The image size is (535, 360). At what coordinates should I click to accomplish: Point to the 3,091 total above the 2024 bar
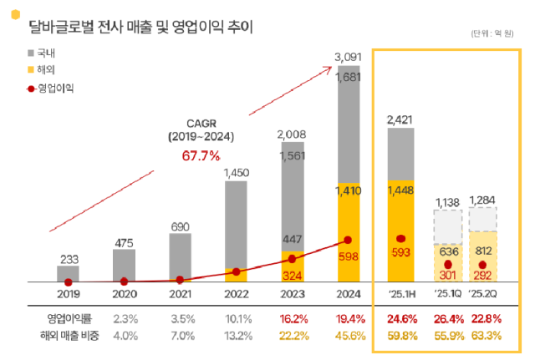click(x=349, y=57)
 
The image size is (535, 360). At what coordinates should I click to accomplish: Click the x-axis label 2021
click(x=181, y=295)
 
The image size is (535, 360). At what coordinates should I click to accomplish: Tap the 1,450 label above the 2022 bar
click(x=236, y=172)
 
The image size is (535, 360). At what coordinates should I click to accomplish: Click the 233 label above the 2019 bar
click(x=69, y=259)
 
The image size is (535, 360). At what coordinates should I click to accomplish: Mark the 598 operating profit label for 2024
click(x=349, y=257)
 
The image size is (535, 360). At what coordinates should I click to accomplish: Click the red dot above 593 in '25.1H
click(x=400, y=239)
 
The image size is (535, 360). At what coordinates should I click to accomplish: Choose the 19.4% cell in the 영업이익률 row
click(x=349, y=319)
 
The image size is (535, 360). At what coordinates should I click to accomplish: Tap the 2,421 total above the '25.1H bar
click(x=400, y=121)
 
